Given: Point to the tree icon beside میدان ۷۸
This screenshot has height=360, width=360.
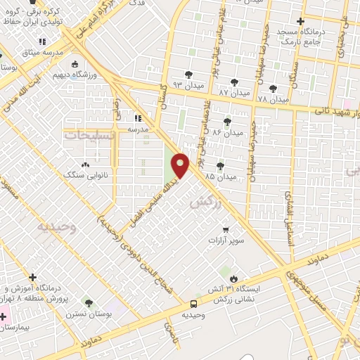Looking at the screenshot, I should [x=274, y=88].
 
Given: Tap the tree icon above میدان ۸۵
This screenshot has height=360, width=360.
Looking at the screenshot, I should [x=221, y=166].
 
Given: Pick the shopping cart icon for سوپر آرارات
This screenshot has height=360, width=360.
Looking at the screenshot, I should [x=225, y=229].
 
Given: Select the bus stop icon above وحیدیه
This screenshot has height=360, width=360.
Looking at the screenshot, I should [x=193, y=304].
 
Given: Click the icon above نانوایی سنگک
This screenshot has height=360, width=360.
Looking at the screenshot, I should [x=86, y=165].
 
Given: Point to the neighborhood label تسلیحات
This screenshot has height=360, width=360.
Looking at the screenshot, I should [x=88, y=135].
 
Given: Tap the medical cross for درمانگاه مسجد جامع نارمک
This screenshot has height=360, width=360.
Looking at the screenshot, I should [x=302, y=21].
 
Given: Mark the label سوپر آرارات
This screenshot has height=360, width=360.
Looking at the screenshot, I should [x=225, y=240].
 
